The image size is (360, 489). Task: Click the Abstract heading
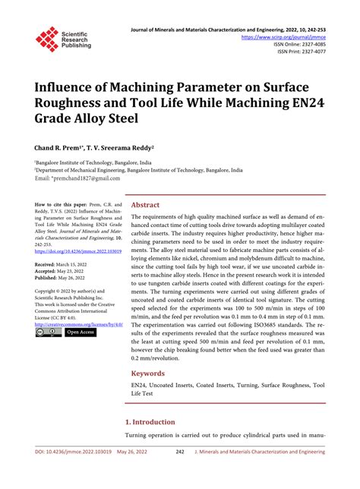[x=145, y=205]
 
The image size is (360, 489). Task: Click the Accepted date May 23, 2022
[x=79, y=270]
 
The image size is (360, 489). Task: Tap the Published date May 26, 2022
[x=81, y=278]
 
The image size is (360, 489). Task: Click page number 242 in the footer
[x=180, y=472]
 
